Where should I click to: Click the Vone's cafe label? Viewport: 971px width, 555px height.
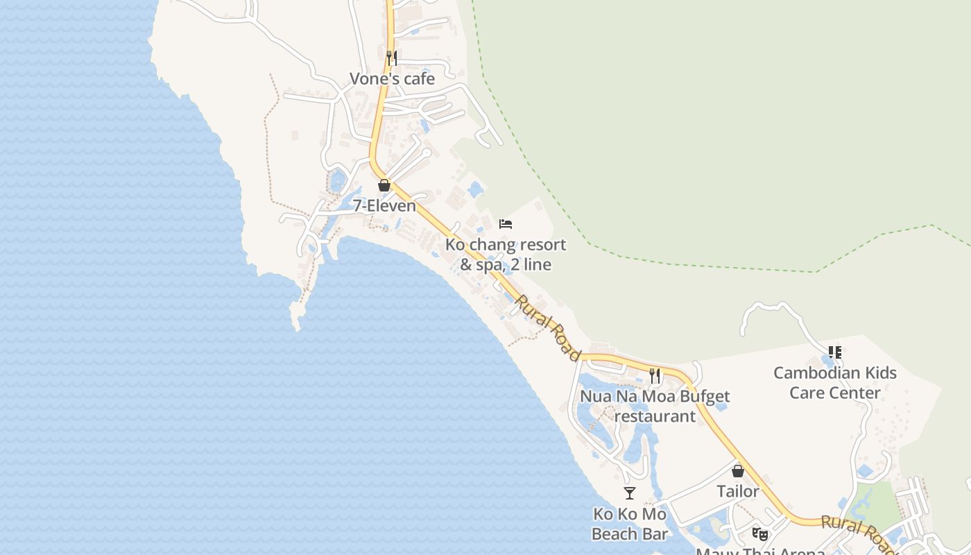392,79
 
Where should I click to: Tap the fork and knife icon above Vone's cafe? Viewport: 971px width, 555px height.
392,58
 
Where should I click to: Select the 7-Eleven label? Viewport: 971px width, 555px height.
384,206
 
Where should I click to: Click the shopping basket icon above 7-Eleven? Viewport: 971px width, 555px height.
384,185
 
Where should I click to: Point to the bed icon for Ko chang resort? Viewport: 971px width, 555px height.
506,224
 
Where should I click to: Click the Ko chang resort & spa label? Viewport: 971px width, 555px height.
506,254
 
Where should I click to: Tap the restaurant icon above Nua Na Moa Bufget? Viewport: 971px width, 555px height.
655,376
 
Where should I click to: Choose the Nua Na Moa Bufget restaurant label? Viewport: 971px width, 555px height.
655,407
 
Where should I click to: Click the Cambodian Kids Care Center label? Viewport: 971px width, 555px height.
835,383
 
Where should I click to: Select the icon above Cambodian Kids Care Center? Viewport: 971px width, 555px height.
835,352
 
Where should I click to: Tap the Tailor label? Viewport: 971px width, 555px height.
738,491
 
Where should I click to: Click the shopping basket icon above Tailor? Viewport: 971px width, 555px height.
738,471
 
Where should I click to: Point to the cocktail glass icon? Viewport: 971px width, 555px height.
630,493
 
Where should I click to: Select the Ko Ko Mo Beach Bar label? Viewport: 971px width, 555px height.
630,524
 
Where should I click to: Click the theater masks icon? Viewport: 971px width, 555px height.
760,533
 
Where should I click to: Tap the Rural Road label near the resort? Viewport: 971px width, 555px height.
548,328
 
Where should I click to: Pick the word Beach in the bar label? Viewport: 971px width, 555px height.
615,534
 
